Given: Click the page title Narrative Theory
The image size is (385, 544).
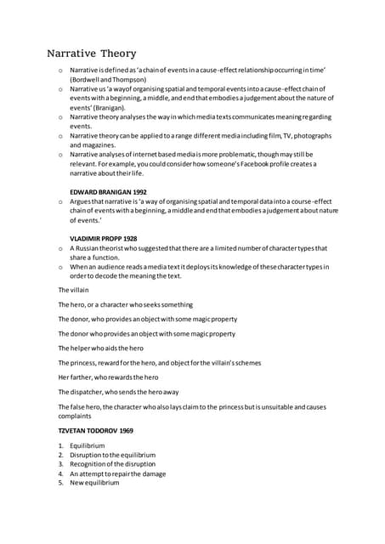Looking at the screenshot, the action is [91, 54].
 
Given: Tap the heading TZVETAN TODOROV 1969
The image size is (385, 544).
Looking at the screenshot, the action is [95, 432].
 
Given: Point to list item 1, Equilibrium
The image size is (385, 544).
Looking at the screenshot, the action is [88, 445].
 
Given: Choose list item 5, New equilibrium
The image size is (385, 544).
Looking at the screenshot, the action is [94, 483].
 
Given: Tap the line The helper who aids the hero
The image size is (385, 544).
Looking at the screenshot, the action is [100, 348].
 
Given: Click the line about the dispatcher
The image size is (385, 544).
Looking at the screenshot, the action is [118, 392].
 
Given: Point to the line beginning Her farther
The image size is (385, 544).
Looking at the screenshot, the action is [108, 377].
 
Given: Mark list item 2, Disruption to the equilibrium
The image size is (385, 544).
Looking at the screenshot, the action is [112, 455].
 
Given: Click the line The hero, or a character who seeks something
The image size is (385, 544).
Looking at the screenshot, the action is [125, 304].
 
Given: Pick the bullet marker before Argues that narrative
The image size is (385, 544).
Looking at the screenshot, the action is [60, 202].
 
